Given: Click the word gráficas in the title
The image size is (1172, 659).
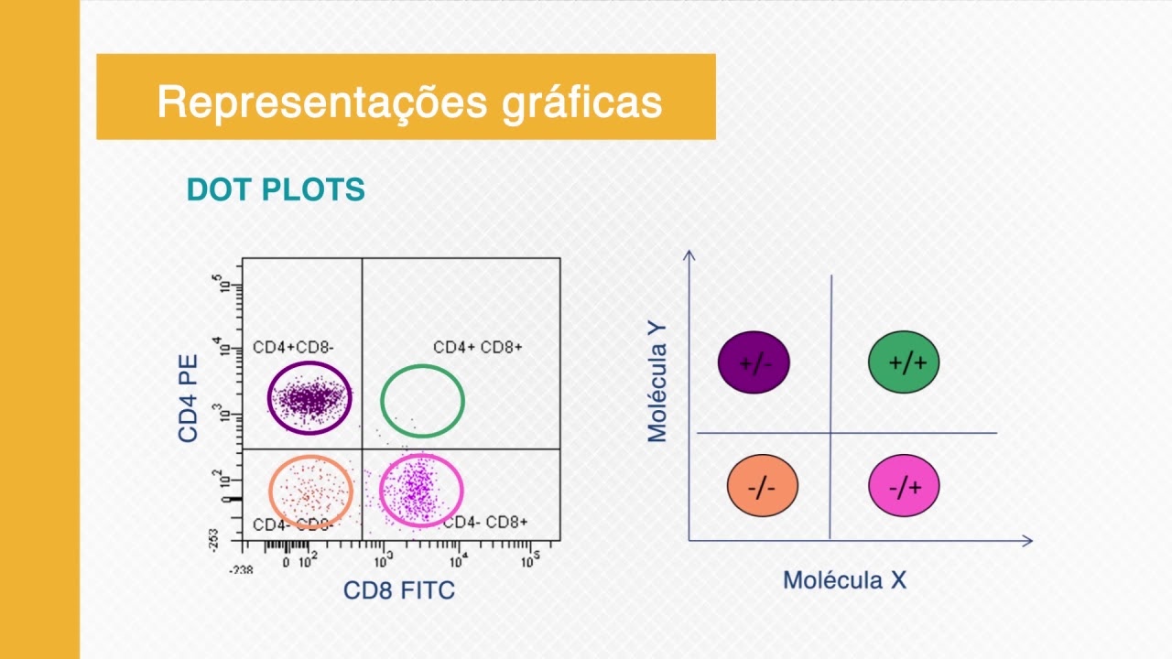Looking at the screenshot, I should [582, 103].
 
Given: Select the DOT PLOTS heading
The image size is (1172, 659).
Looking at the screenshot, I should [276, 190].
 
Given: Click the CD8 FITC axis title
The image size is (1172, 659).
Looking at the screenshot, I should [399, 590].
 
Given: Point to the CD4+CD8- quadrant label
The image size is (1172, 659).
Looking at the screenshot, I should [293, 348].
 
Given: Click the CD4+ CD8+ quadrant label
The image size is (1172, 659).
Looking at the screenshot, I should [478, 348].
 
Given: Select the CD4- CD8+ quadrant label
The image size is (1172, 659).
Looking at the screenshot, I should [485, 523].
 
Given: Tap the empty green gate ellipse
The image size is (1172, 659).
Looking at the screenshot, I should [422, 401].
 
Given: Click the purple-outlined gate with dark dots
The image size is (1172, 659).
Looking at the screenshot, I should [309, 398].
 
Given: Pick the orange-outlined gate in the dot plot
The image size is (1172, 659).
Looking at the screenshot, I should [310, 492].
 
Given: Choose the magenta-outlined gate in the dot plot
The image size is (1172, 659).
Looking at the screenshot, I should [421, 491].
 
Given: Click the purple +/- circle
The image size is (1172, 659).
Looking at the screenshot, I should [754, 362].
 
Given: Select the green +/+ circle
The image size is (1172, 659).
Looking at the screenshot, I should [904, 362].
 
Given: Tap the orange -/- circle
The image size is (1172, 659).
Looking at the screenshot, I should [762, 487].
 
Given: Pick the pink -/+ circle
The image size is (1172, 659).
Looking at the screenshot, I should [904, 487].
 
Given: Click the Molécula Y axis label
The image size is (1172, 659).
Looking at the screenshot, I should [657, 381].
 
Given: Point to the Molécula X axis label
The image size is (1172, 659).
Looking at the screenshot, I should [844, 579].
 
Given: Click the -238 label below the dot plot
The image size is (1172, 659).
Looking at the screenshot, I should [241, 569].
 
